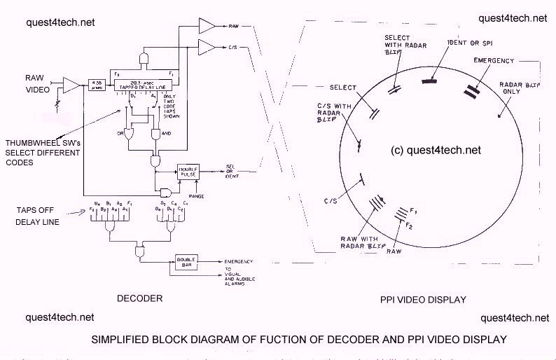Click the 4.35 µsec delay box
click(x=96, y=84)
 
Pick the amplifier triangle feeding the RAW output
click(x=207, y=26)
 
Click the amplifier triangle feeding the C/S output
click(x=207, y=47)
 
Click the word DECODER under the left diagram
click(x=141, y=298)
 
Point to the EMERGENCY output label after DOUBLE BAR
click(x=239, y=261)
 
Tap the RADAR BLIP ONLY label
click(x=519, y=88)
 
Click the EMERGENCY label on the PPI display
click(x=493, y=60)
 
